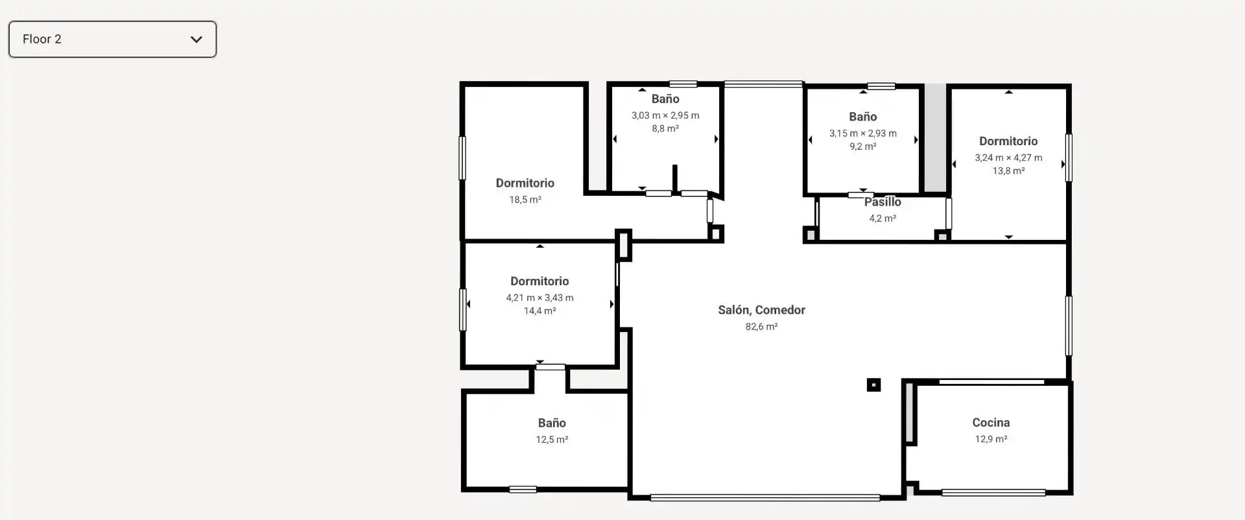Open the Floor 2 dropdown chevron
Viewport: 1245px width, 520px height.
[x=196, y=40]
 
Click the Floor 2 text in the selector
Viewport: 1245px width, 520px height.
[x=42, y=39]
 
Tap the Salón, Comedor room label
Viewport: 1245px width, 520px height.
[x=761, y=310]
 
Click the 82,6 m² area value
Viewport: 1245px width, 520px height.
[x=761, y=327]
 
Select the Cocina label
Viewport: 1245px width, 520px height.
[x=991, y=422]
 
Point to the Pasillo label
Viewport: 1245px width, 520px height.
[x=883, y=202]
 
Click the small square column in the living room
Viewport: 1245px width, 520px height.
[x=873, y=385]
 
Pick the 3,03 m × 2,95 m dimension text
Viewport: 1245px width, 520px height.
[x=665, y=115]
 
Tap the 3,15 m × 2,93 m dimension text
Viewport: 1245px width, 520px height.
[x=862, y=134]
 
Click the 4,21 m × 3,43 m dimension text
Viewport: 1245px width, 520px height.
[x=539, y=298]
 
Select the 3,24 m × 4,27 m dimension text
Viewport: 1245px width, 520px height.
[x=1008, y=158]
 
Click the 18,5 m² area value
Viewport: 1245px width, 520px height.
[x=525, y=200]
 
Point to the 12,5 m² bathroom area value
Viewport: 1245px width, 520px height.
[x=552, y=440]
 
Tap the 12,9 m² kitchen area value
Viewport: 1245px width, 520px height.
[x=991, y=439]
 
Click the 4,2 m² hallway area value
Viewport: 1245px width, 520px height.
[x=883, y=219]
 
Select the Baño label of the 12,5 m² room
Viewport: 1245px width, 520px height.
[x=552, y=423]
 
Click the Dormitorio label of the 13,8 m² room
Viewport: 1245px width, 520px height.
[x=1008, y=141]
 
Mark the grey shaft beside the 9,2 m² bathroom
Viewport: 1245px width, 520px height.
[x=934, y=138]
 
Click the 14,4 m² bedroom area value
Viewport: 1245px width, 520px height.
[x=539, y=311]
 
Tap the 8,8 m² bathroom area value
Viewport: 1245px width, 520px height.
[x=665, y=128]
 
